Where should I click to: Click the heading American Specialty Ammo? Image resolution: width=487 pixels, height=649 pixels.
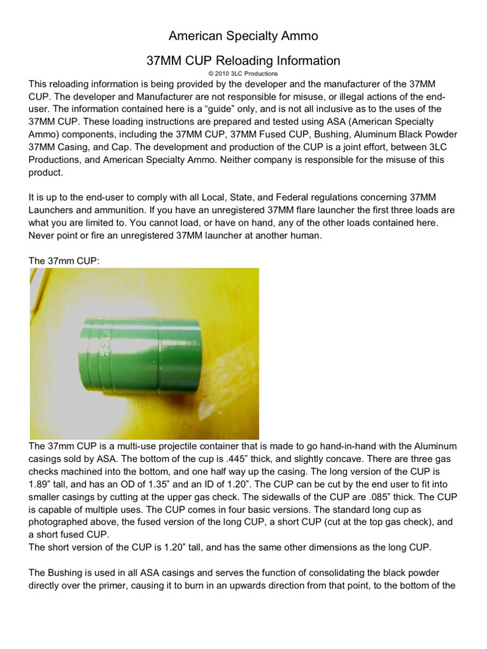click(243, 36)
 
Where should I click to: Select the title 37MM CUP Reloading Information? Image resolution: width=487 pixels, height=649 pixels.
click(243, 61)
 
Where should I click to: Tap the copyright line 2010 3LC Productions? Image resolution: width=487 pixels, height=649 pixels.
click(243, 74)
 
